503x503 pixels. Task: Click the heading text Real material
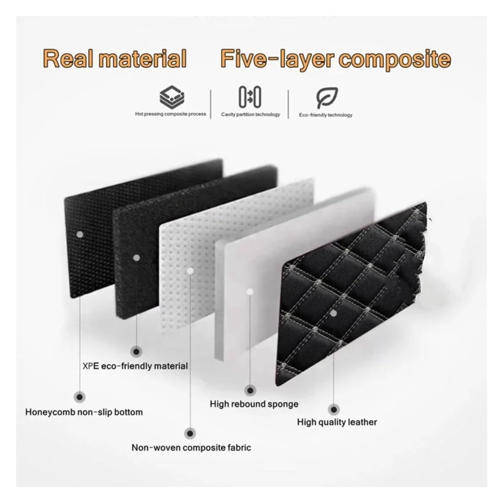click(115, 58)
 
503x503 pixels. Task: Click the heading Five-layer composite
click(336, 58)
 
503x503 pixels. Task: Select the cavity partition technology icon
click(250, 97)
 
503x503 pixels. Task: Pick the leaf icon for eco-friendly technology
click(327, 97)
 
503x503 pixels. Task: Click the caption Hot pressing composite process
click(170, 114)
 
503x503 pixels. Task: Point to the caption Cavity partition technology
click(250, 114)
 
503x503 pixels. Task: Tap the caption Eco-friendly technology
click(325, 115)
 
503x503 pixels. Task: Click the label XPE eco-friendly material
click(135, 366)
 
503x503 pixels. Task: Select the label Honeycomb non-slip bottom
click(84, 412)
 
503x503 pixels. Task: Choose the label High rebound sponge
click(254, 404)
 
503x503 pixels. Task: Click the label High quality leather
click(337, 422)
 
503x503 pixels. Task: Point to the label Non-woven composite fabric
click(191, 447)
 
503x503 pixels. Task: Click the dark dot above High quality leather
click(334, 410)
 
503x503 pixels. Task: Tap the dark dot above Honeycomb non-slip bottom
click(80, 397)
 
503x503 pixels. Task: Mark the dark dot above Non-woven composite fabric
click(190, 434)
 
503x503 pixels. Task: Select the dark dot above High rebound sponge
click(250, 390)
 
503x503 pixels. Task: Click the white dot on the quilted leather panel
click(334, 313)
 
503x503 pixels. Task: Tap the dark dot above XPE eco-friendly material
click(136, 351)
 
